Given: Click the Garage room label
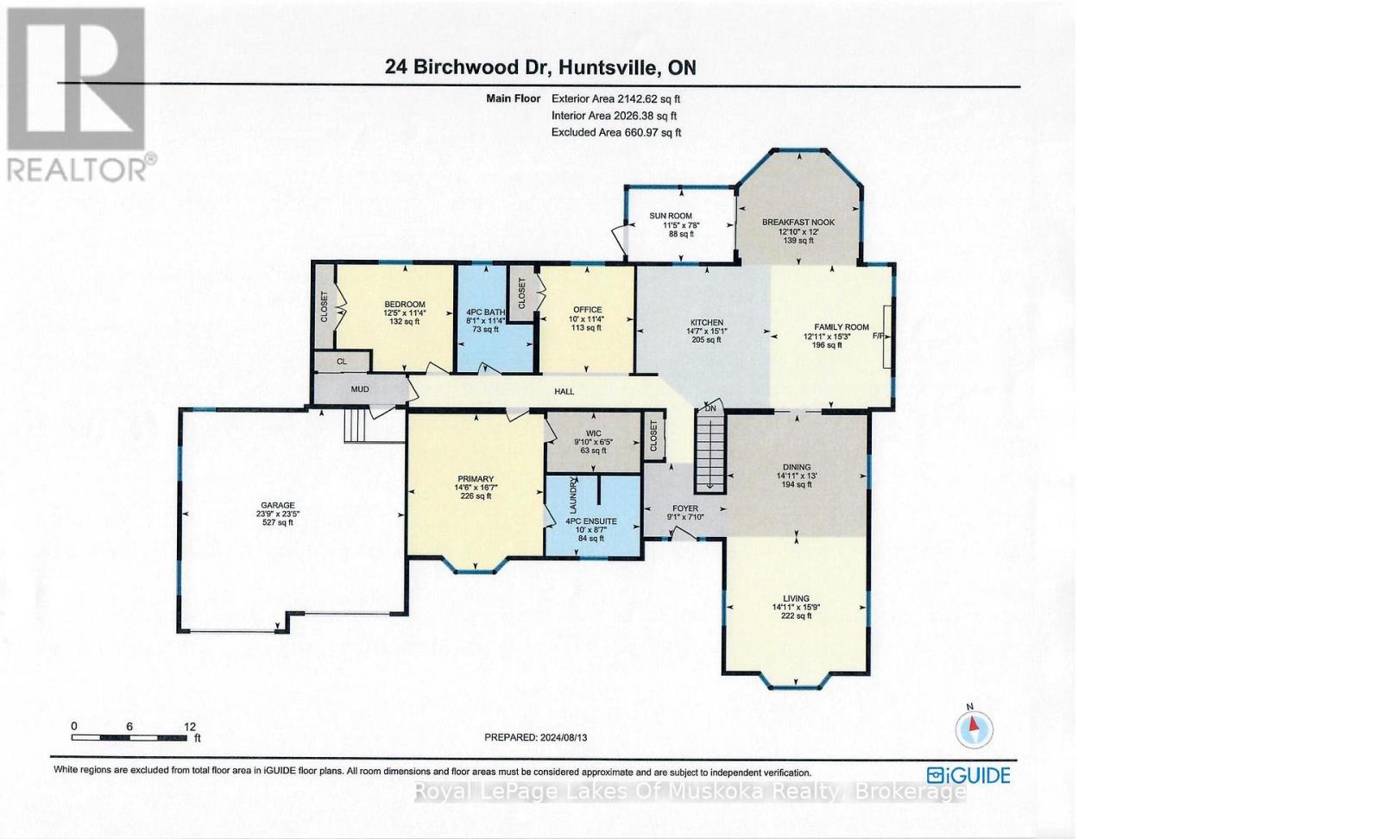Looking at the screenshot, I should tap(278, 506).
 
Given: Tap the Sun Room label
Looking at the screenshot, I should tap(671, 216).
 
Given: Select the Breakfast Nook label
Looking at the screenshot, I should tap(798, 223).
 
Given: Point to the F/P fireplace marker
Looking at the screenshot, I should tap(879, 336).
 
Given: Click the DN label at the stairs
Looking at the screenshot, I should tap(710, 408).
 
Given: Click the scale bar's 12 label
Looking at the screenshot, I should tap(190, 727).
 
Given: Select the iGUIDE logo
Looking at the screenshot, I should tap(968, 775).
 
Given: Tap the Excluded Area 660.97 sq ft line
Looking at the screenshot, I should tap(615, 132).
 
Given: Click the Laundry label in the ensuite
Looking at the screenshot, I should tap(572, 495).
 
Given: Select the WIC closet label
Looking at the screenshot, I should tap(593, 434).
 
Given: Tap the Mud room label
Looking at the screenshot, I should tap(360, 389).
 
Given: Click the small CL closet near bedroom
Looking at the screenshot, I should tap(342, 362).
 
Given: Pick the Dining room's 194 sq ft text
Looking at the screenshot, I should tap(797, 485).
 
